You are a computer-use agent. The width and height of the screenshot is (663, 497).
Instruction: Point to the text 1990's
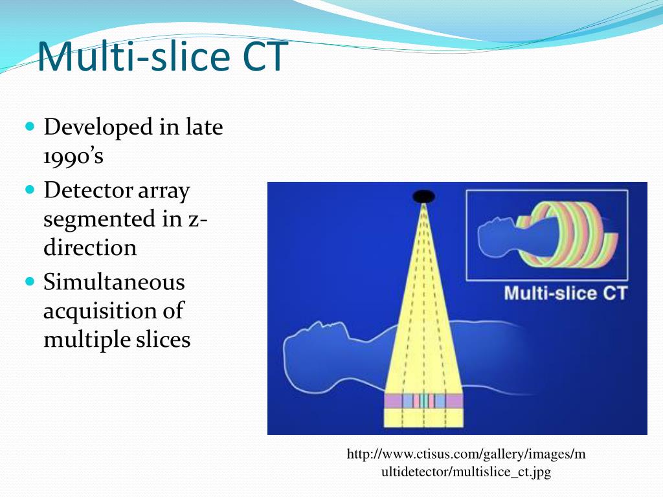73,156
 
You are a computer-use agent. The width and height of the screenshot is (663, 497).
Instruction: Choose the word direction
90,248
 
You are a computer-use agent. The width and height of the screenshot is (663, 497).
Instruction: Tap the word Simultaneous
114,282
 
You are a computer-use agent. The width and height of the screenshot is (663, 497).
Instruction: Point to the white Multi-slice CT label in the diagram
565,293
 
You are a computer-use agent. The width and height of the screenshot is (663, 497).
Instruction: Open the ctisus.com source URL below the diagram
466,463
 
